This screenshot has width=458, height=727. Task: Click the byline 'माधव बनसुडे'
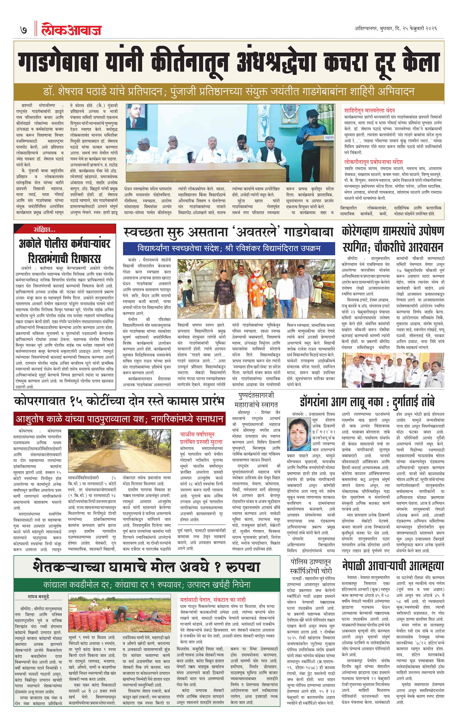click(x=38, y=596)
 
